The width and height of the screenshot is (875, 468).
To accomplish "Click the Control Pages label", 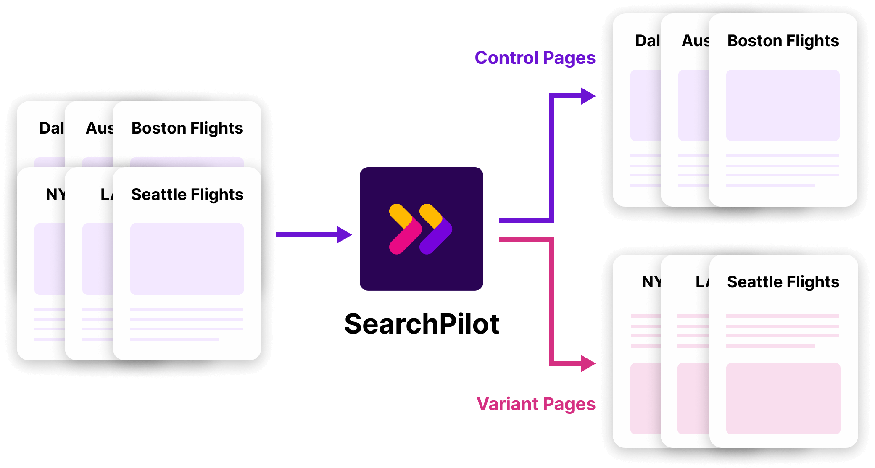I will click(x=535, y=58).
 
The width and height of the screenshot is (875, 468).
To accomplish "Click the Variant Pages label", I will click(x=535, y=404).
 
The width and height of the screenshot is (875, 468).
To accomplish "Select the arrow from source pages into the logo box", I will click(x=313, y=234).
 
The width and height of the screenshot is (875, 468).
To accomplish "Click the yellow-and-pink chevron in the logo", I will click(x=404, y=229).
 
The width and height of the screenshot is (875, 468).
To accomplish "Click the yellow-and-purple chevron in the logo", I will click(x=435, y=229).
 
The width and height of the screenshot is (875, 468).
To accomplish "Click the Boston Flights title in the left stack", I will click(x=187, y=128).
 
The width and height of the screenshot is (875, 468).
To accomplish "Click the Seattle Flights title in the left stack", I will click(x=187, y=195).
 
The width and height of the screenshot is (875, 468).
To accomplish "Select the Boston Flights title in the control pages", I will click(x=783, y=41).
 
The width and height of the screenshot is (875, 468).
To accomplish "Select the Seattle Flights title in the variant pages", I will click(x=783, y=282).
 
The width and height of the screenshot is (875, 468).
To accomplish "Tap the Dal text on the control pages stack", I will click(x=647, y=41).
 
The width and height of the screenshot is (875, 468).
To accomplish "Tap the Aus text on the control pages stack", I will click(x=695, y=41).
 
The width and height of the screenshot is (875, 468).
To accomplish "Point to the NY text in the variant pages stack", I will click(x=651, y=282).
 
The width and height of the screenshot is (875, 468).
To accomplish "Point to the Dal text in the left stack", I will click(x=51, y=128).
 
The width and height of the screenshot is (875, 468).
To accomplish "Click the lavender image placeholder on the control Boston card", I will click(x=783, y=105).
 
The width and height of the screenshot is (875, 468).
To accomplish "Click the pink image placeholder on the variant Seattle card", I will click(x=783, y=398).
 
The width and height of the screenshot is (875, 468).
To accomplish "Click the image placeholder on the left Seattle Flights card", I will click(x=187, y=259).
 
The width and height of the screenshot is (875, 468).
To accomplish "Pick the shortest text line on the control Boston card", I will click(x=770, y=185).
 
